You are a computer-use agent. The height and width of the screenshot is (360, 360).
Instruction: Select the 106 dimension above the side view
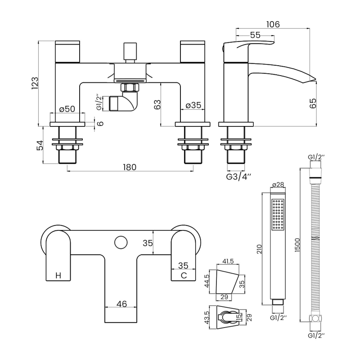pyautogui.click(x=273, y=24)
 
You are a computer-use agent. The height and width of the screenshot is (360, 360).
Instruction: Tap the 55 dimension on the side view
pyautogui.click(x=255, y=35)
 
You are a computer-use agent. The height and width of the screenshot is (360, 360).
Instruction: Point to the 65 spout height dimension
pyautogui.click(x=314, y=103)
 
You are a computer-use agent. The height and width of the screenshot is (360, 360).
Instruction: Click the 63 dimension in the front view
pyautogui.click(x=157, y=105)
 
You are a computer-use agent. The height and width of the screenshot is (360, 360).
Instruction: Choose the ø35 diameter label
pyautogui.click(x=194, y=106)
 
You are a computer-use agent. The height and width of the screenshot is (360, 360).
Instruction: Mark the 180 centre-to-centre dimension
pyautogui.click(x=129, y=167)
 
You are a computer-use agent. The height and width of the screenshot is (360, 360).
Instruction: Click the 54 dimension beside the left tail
pyautogui.click(x=40, y=145)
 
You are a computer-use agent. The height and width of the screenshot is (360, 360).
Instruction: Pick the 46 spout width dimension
pyautogui.click(x=121, y=304)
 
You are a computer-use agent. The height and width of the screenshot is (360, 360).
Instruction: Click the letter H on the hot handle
pyautogui.click(x=58, y=275)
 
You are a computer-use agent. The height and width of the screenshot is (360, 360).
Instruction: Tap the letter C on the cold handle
pyautogui.click(x=183, y=275)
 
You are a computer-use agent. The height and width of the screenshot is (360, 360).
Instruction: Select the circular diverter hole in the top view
pyautogui.click(x=120, y=243)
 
